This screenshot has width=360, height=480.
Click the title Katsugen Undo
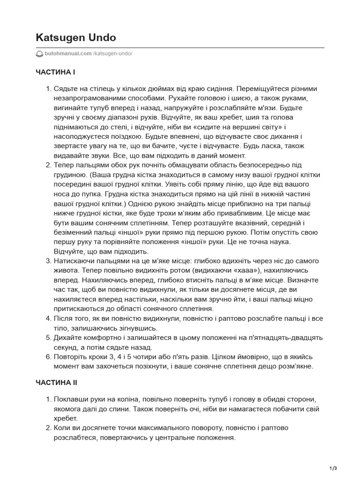[x=76, y=37]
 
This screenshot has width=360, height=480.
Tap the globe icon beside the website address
[x=39, y=53]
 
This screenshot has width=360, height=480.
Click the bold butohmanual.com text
[x=68, y=53]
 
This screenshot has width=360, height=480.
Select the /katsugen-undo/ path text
[x=113, y=53]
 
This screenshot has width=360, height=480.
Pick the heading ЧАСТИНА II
[x=56, y=382]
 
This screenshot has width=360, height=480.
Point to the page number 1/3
[x=334, y=468]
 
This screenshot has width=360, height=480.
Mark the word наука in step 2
[x=279, y=242]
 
